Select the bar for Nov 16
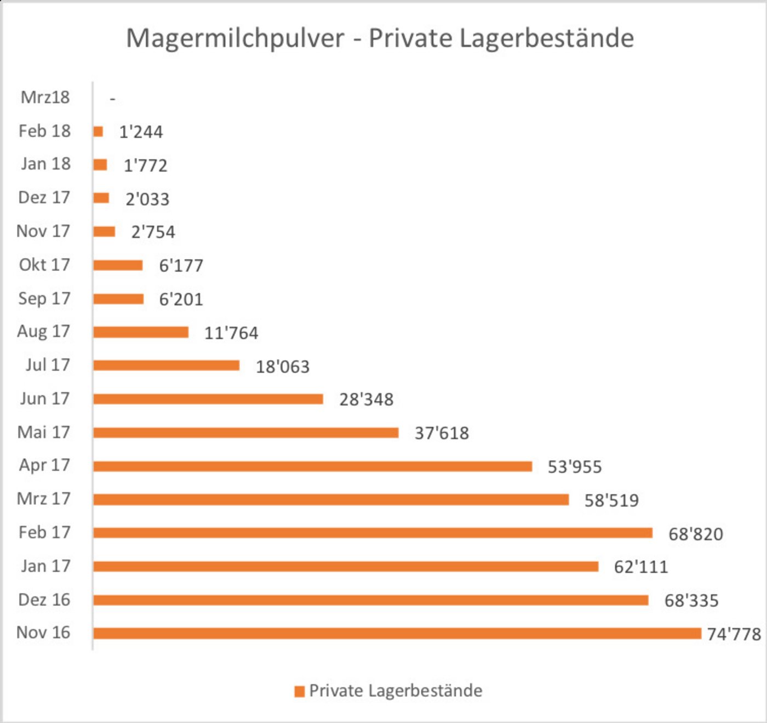[x=397, y=633]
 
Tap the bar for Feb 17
[x=373, y=533]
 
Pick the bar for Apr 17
[x=312, y=466]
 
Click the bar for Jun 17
[x=208, y=399]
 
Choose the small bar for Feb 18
[x=98, y=132]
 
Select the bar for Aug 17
[x=141, y=332]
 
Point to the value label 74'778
[x=734, y=634]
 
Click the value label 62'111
[x=640, y=567]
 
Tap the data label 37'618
[x=442, y=433]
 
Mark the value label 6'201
[x=181, y=299]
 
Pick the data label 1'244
[x=141, y=132]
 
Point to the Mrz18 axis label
[x=45, y=98]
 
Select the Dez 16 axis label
[x=44, y=600]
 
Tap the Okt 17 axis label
[x=44, y=265]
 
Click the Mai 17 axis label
[x=44, y=432]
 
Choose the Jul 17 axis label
[x=48, y=365]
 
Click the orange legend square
[x=299, y=691]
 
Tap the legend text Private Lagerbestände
[x=396, y=691]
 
